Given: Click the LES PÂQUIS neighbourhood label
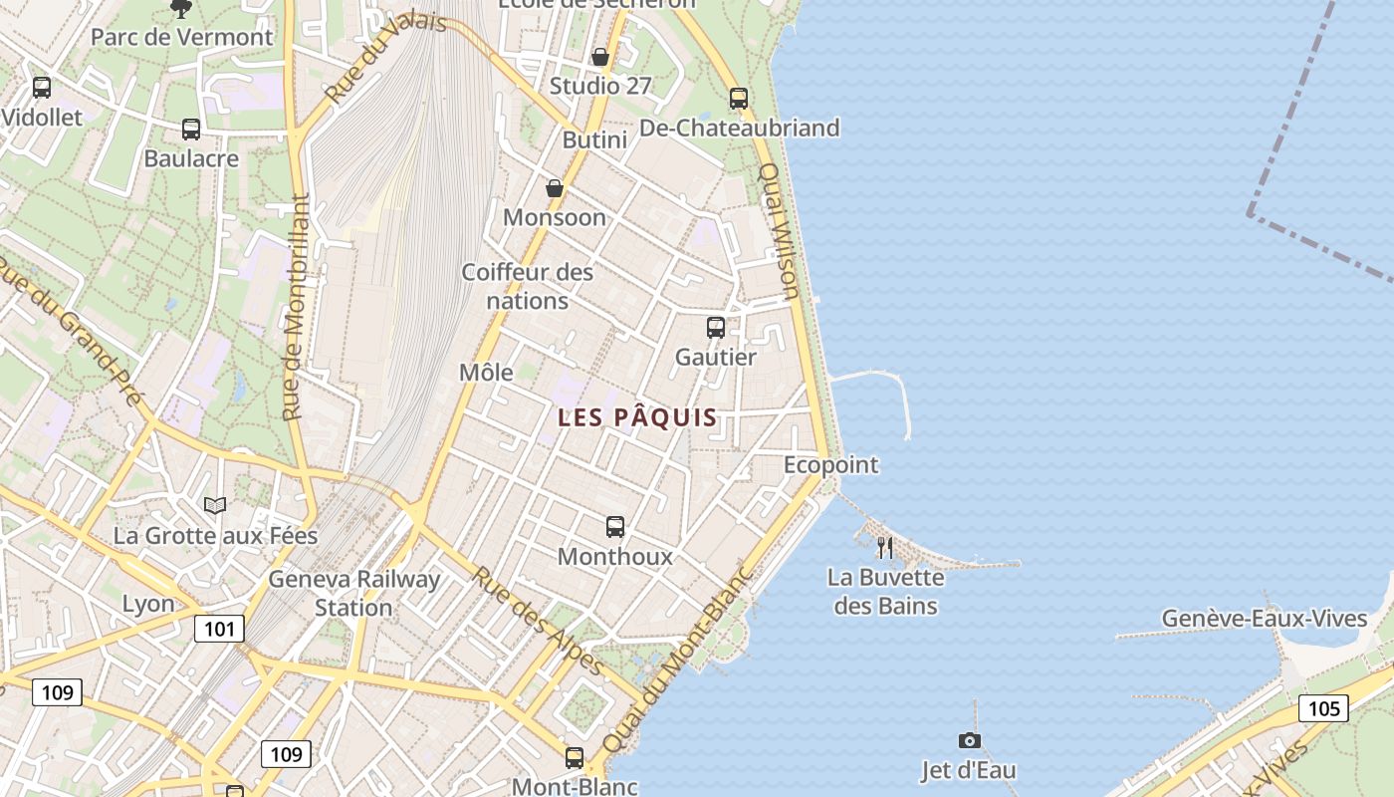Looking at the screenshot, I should coord(637,417).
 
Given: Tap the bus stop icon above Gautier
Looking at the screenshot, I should coord(715,327).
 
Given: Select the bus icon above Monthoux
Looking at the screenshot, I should coord(615,526).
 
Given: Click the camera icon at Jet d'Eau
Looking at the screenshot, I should coord(969,740).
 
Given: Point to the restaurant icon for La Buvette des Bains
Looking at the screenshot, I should coord(884,547).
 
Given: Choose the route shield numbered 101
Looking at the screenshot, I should coord(219,629).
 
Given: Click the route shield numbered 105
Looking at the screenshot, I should coord(1323,708).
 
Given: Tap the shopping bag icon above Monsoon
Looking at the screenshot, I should coord(555,188).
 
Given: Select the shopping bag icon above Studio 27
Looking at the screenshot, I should coord(600,57).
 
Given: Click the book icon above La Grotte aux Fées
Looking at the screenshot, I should coord(215,505).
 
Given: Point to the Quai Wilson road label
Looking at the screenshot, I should coord(779,231).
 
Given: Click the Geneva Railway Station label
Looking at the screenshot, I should coord(353,593).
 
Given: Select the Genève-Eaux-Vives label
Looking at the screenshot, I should coord(1265,619).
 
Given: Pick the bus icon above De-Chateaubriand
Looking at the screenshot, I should coord(738,98).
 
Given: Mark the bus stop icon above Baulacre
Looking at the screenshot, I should coord(190,129).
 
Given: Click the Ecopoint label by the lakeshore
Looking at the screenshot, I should coord(830,465).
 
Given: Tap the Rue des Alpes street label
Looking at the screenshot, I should coord(537,621).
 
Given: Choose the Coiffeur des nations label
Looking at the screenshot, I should coord(528,286).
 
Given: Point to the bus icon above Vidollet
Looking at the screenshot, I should coord(41,87).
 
